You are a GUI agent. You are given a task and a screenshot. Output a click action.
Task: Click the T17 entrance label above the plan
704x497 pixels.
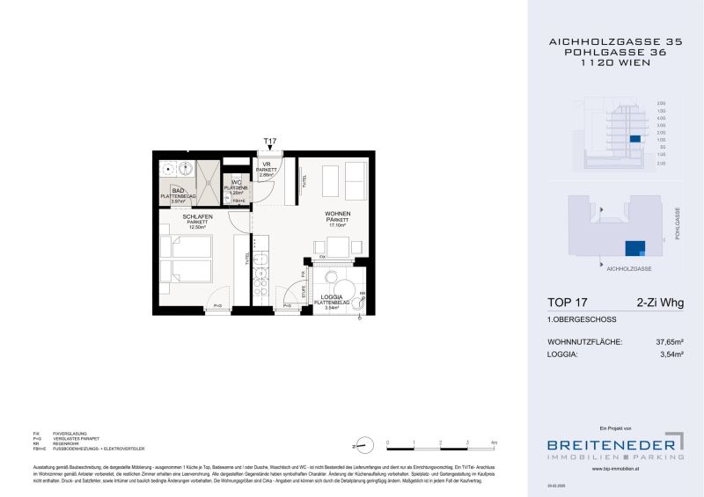tap(270, 141)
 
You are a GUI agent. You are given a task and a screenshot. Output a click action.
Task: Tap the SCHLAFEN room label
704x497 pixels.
tap(194, 216)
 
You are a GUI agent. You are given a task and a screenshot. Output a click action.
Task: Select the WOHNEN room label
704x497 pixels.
tap(338, 214)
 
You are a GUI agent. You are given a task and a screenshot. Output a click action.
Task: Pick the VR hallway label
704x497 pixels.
tap(266, 164)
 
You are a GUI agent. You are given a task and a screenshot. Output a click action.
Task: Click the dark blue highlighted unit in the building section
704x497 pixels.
tap(634, 139)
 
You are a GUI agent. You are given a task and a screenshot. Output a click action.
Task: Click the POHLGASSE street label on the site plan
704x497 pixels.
tap(678, 223)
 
